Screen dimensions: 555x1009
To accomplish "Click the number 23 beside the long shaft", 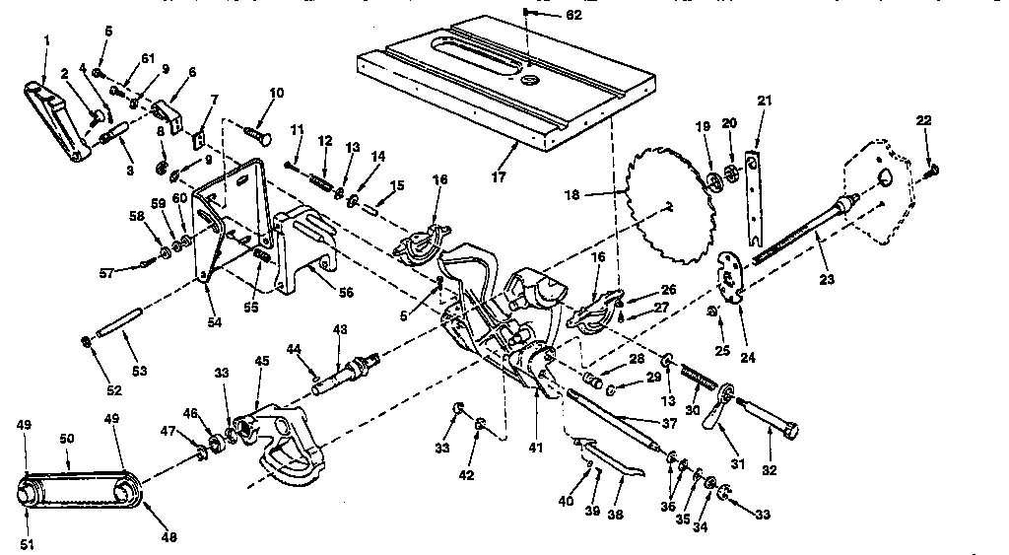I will [826, 280].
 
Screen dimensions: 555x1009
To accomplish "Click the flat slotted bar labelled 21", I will [755, 197].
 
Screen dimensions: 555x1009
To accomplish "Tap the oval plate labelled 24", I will [731, 271].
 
